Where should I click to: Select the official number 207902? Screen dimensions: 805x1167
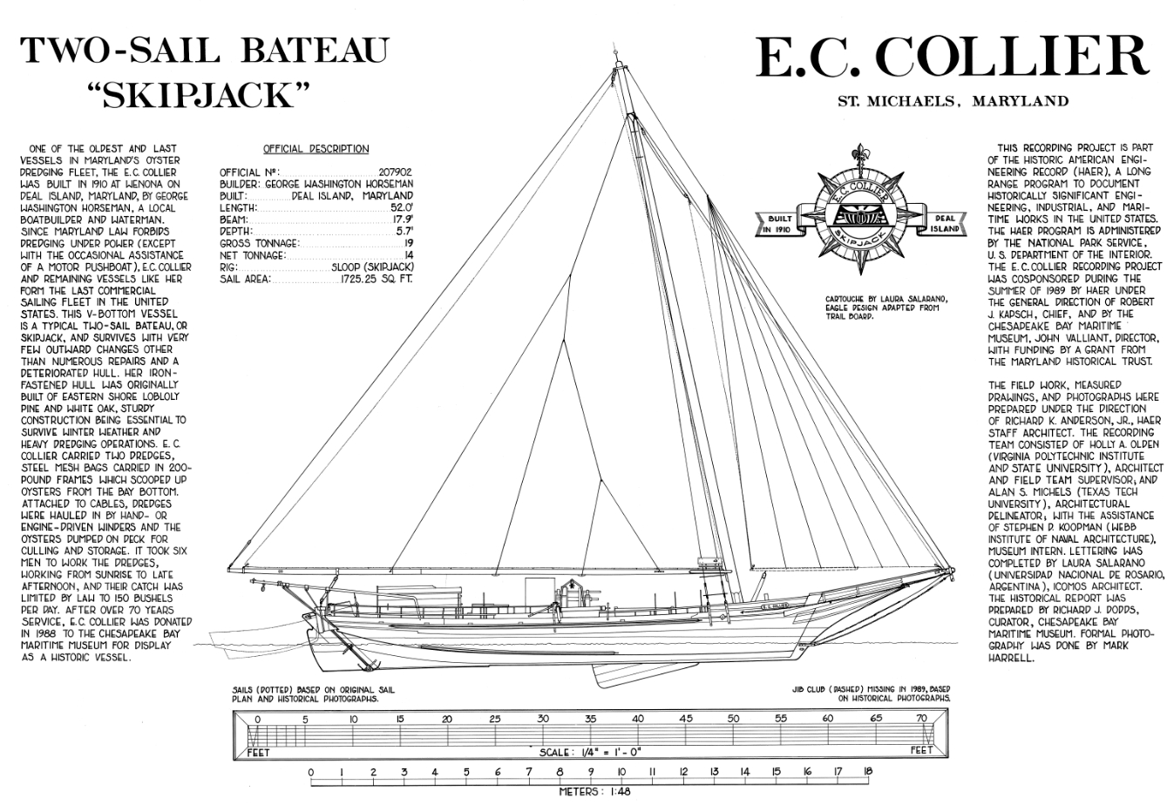tap(395, 173)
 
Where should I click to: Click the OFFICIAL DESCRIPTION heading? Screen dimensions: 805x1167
tap(315, 149)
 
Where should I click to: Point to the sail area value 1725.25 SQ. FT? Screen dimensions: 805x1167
tap(377, 279)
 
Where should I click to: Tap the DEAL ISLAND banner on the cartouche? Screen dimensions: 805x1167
tap(945, 224)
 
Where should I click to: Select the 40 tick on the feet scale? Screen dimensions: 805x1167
tap(637, 719)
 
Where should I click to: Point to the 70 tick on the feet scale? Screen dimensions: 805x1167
tap(922, 719)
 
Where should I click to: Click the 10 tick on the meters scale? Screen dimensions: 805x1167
tap(621, 772)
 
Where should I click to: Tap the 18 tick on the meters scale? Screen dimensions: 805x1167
tap(867, 772)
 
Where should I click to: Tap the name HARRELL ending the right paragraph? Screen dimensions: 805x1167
tap(1011, 659)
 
